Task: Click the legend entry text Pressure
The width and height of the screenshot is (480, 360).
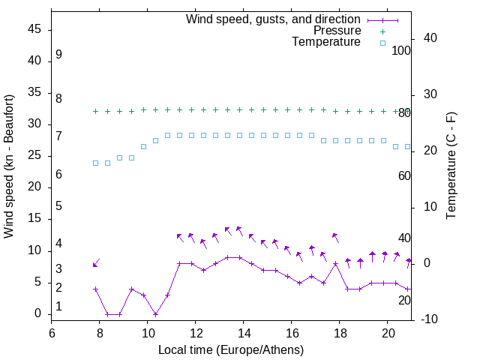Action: [x=337, y=31]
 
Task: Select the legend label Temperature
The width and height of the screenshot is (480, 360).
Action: [x=326, y=42]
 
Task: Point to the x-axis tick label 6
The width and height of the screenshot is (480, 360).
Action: [x=52, y=332]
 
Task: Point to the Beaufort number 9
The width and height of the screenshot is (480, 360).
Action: [x=58, y=55]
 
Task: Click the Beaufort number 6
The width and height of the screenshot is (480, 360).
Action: [x=58, y=174]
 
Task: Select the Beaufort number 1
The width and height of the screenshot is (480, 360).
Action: [x=58, y=307]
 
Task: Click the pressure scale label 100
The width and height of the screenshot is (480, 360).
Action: [x=402, y=50]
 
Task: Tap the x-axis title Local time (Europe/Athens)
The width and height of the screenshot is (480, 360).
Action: [x=231, y=349]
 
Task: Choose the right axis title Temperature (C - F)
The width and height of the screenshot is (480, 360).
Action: [x=451, y=166]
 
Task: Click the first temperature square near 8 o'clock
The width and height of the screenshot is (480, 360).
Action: [x=96, y=163]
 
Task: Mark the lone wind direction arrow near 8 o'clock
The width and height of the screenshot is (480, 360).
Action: [x=96, y=262]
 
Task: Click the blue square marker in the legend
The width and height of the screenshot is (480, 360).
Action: [x=382, y=43]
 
